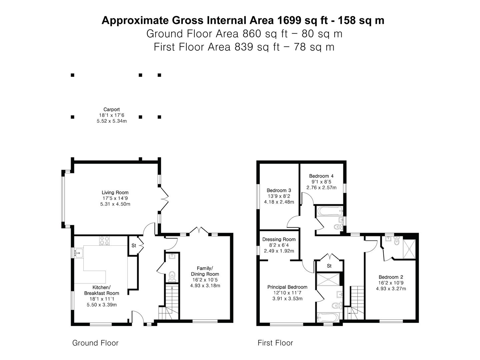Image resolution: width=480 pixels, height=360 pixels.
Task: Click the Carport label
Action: tap(112, 109)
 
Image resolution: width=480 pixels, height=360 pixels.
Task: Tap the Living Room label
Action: tap(115, 193)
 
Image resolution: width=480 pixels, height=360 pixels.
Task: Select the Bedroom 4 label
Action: tap(321, 176)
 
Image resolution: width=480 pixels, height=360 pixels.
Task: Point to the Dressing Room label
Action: tap(279, 239)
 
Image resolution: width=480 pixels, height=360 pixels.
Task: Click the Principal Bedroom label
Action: tap(287, 287)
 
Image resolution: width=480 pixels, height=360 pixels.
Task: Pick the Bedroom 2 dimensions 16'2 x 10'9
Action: tap(391, 283)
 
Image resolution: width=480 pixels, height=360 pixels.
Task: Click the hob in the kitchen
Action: tap(104, 241)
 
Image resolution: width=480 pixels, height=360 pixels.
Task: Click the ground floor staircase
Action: tap(169, 302)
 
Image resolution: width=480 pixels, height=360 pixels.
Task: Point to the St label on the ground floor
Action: tap(134, 246)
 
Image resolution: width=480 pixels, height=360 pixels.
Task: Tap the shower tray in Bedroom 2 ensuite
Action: tap(409, 249)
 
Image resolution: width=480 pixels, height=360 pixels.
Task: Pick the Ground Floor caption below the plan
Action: tap(95, 343)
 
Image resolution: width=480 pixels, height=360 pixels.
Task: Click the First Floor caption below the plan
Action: tap(275, 343)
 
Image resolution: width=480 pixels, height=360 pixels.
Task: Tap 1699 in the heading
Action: tap(290, 20)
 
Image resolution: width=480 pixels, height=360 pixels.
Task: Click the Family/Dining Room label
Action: tap(205, 271)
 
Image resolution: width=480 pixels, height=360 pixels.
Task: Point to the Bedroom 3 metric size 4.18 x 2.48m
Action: tap(279, 202)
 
